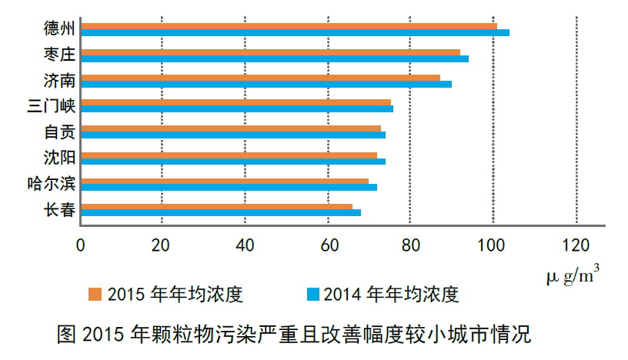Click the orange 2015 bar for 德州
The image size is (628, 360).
[x=289, y=26]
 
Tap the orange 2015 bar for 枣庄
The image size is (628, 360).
[x=270, y=52]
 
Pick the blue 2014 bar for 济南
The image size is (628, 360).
[x=266, y=84]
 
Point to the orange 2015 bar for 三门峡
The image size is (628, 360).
[x=235, y=102]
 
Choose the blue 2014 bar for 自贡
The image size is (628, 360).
[x=232, y=135]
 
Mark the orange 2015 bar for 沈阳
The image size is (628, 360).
[x=229, y=155]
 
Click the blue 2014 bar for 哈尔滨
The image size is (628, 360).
[x=229, y=187]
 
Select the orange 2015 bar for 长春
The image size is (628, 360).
[x=216, y=206]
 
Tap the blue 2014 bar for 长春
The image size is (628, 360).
[x=220, y=212]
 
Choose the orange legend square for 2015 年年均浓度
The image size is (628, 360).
[x=95, y=294]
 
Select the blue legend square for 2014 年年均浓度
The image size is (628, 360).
[x=312, y=294]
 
